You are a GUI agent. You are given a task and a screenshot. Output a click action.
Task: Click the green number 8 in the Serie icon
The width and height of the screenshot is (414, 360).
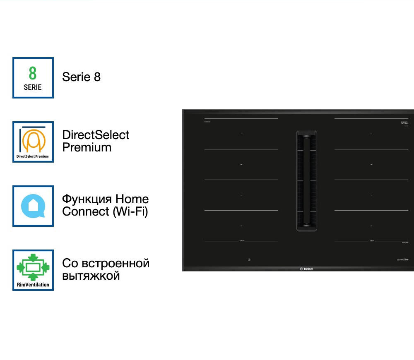click(33, 73)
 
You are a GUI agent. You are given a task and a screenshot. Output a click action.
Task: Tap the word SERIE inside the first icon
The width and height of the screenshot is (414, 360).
click(33, 87)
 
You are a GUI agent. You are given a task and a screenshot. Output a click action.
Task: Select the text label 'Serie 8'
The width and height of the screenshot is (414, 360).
click(81, 77)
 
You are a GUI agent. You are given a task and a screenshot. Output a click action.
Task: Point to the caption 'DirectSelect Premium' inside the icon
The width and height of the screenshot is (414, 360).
click(33, 157)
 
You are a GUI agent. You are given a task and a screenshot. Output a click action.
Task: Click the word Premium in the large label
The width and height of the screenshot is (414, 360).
click(87, 148)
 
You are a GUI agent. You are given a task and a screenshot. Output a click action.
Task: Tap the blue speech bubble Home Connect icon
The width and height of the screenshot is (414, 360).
click(33, 206)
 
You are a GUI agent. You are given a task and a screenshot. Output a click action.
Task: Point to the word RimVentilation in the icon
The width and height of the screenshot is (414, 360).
click(33, 285)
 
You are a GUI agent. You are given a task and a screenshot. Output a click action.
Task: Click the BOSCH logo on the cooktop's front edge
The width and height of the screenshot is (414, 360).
click(306, 269)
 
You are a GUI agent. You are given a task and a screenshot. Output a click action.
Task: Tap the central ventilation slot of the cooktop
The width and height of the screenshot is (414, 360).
click(306, 180)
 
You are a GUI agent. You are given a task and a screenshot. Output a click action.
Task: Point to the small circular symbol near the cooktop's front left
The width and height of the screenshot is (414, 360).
click(249, 260)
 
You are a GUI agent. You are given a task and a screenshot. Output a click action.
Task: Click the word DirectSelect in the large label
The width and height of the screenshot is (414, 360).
click(96, 135)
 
